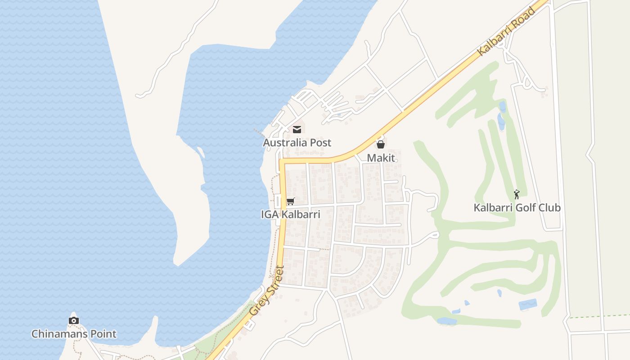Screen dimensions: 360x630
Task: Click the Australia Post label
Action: pos(297,143)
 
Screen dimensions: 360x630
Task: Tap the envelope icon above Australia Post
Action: pos(297,130)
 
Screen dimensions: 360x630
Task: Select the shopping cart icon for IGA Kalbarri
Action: pos(290,202)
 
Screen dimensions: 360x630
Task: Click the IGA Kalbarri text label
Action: pos(291,215)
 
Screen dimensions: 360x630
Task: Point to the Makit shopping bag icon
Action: pos(381,144)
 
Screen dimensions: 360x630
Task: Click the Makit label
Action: pos(381,157)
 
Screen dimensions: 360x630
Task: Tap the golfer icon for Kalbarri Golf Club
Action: pos(517,194)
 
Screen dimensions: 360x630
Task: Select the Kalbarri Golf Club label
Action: pos(517,208)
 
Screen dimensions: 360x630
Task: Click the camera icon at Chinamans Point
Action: pos(74,320)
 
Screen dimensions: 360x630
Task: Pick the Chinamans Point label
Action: pos(74,334)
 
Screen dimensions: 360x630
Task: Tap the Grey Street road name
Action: pos(267,291)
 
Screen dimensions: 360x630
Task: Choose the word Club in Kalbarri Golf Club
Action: pos(550,208)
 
